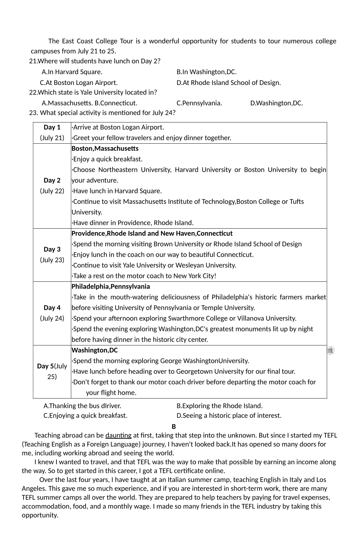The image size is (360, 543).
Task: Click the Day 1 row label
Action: tap(52, 127)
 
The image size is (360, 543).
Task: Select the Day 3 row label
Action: tap(52, 250)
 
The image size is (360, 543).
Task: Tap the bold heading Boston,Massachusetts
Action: tap(105, 149)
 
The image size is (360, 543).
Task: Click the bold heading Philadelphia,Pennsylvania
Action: tap(111, 287)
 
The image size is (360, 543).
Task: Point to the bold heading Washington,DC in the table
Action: tap(95, 350)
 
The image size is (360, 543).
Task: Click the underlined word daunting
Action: tap(118, 435)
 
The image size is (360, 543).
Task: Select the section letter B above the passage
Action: tap(174, 427)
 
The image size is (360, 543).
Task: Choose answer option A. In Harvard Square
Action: tap(72, 72)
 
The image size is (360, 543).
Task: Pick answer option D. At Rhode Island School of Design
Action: tap(229, 83)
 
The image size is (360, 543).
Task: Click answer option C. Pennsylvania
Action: tap(199, 103)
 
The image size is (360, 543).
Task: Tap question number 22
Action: tap(33, 93)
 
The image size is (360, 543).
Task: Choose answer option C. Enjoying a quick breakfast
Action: tap(85, 416)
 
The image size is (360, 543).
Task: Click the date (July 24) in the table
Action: tap(52, 319)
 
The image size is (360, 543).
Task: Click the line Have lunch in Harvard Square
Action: tap(117, 191)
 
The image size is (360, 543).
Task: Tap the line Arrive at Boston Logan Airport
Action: tap(118, 127)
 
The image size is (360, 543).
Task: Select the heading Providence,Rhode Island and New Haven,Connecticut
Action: tap(152, 234)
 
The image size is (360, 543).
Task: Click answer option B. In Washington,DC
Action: tap(207, 72)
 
